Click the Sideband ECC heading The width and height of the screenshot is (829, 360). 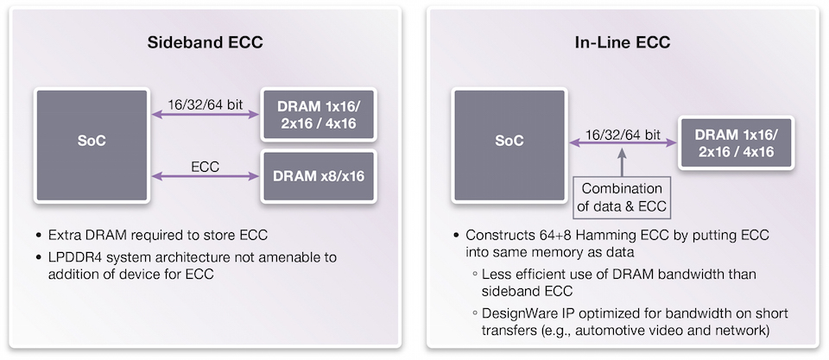(205, 43)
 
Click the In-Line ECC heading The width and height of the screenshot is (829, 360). (623, 43)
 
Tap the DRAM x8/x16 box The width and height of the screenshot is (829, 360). (319, 177)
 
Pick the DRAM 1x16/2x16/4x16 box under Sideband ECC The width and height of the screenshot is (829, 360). (319, 114)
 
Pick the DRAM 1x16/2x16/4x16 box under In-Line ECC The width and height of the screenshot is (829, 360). (736, 142)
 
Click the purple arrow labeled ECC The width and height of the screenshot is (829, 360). (205, 177)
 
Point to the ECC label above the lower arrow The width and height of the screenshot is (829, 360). (205, 166)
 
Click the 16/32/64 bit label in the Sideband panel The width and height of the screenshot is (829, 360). (205, 104)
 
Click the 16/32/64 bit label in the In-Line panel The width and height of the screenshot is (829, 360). (623, 134)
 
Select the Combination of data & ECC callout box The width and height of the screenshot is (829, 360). (623, 197)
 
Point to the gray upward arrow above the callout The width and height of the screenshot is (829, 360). (623, 161)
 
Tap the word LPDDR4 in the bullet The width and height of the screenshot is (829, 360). (70, 258)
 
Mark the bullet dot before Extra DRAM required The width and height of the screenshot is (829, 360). (39, 235)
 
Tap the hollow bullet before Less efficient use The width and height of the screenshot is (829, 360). (474, 275)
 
